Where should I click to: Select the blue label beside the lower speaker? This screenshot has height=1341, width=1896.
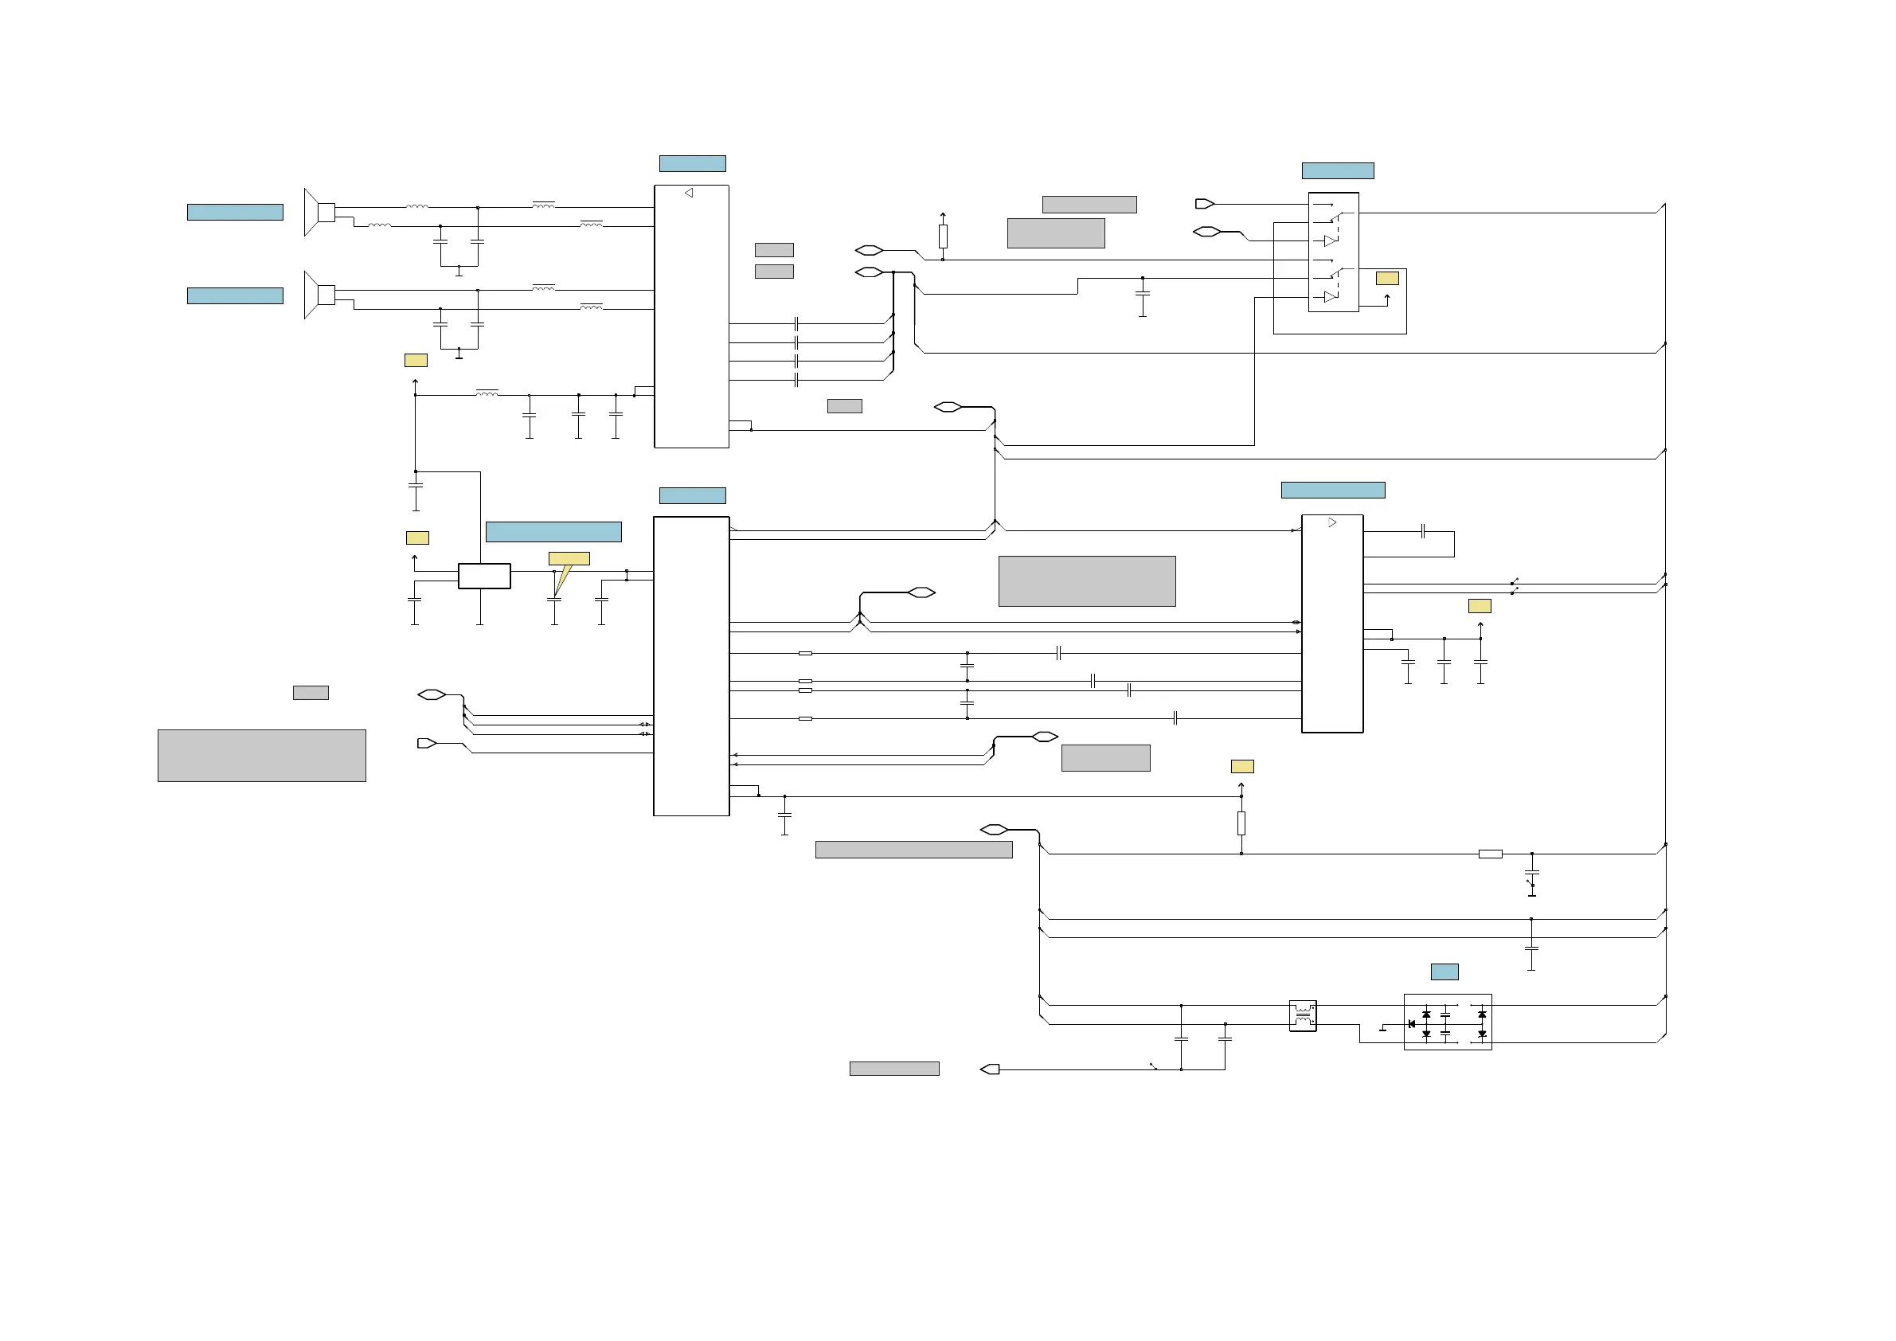[235, 295]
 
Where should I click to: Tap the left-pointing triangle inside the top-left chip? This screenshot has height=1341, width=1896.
[689, 194]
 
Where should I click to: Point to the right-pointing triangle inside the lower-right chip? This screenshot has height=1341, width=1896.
[1331, 522]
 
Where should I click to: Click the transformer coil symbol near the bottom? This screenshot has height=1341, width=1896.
[1302, 1015]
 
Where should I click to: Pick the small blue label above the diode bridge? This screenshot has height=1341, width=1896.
[1444, 972]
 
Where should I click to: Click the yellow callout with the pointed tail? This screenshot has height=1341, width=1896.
[569, 560]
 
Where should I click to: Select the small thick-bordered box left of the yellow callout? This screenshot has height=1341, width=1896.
[484, 576]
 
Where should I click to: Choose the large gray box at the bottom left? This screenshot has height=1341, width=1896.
[262, 755]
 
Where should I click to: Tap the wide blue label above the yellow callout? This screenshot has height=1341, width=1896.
[553, 532]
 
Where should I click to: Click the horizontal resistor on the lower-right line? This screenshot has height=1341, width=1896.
[1490, 854]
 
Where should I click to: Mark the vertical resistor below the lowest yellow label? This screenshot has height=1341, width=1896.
[1241, 823]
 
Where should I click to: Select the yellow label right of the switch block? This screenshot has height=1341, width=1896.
[1386, 278]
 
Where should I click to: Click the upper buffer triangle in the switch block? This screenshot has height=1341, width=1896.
[1330, 241]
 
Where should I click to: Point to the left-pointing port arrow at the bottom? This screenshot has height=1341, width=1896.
[990, 1069]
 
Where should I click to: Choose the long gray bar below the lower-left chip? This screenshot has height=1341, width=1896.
[913, 850]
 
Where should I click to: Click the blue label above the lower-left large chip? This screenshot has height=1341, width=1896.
[692, 495]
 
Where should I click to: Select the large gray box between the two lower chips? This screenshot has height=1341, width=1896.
[1087, 581]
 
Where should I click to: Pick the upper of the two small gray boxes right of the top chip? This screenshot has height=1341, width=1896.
[774, 249]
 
